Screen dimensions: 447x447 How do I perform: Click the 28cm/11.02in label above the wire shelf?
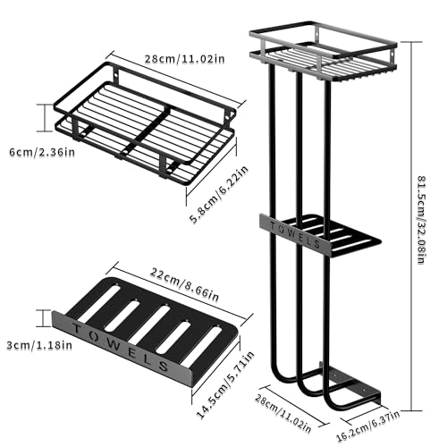coord(184,59)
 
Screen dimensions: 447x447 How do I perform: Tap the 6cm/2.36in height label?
coord(42,152)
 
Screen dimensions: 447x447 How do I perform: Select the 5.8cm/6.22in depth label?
coord(219,195)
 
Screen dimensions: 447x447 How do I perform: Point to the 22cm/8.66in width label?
coord(184,284)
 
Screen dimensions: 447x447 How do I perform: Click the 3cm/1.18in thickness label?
coord(39,345)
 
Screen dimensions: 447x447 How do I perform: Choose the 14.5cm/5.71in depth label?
coord(225,384)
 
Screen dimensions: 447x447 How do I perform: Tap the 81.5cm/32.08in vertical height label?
coord(421,220)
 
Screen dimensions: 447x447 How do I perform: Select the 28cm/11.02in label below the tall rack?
coord(283,414)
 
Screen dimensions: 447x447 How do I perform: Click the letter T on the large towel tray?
coord(77,329)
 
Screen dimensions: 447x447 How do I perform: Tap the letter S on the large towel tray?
coord(164,366)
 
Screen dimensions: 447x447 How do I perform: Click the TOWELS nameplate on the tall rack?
coord(294,235)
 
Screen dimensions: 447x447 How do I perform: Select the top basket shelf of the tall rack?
coord(324,51)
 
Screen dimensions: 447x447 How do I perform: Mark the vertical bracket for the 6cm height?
coord(45,118)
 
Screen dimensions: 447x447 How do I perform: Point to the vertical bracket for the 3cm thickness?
coord(43,318)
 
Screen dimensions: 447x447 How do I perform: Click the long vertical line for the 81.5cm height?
coord(411,226)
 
